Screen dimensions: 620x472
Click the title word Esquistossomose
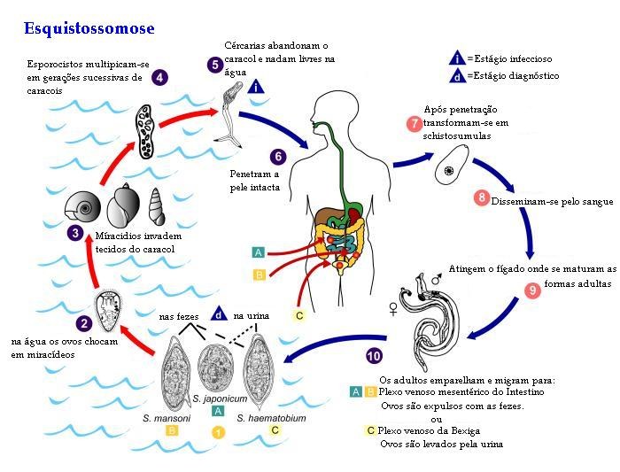[x=89, y=28]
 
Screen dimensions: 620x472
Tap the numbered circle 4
[x=159, y=77]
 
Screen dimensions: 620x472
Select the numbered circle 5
[x=215, y=65]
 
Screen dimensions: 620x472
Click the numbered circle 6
[x=278, y=157]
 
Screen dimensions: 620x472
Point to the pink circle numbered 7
[x=415, y=123]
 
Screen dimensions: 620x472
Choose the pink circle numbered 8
[x=482, y=197]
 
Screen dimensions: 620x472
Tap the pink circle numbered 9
[x=532, y=290]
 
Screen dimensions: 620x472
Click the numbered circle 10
[x=374, y=356]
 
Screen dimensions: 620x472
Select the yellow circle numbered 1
[x=218, y=432]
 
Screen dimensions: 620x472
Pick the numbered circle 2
[x=84, y=324]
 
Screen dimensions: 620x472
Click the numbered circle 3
[x=75, y=233]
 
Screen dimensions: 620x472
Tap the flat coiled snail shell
[x=82, y=205]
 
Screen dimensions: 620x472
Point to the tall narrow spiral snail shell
[x=157, y=206]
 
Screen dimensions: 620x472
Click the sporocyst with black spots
[x=144, y=131]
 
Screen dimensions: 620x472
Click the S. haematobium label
[x=272, y=418]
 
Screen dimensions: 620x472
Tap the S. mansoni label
[x=167, y=418]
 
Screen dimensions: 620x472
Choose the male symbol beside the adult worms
[x=436, y=279]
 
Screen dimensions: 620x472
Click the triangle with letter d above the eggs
[x=219, y=313]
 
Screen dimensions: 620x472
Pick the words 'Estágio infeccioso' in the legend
[x=513, y=59]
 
